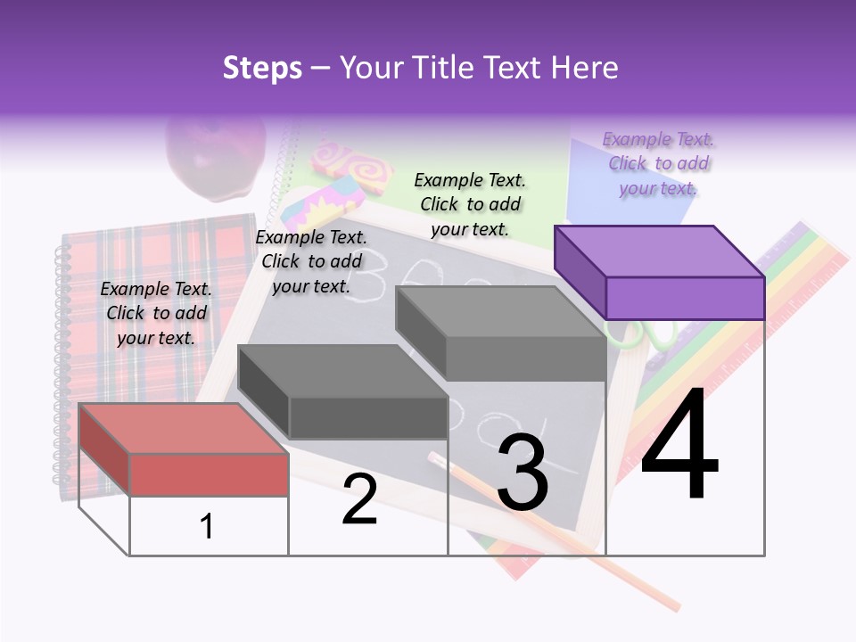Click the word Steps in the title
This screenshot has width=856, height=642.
[262, 68]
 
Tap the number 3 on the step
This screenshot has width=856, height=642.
[523, 473]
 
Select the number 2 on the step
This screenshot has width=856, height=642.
[359, 499]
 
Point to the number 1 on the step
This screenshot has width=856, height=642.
[207, 526]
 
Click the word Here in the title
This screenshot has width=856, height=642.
[584, 68]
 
